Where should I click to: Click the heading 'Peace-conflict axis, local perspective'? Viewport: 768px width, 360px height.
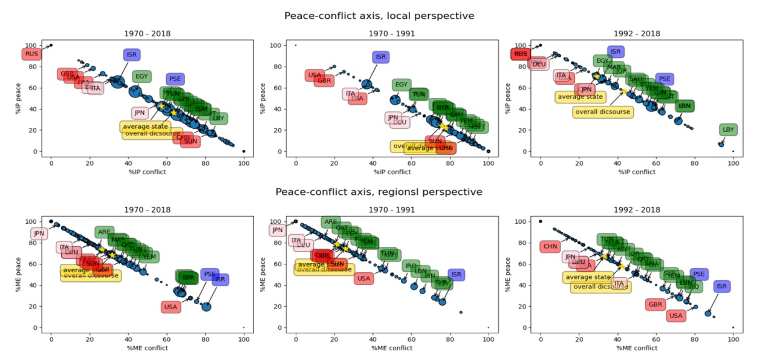[379, 16]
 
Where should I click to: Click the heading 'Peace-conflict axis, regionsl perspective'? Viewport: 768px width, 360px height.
[379, 192]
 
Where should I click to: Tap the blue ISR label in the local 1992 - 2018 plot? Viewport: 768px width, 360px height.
[616, 52]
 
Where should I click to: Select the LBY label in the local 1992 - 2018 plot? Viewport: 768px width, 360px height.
[729, 129]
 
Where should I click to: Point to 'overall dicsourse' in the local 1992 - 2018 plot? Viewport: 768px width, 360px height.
[602, 111]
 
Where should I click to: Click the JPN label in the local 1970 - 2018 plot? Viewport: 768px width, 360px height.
[140, 113]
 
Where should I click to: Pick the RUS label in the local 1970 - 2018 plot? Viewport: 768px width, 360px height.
[32, 54]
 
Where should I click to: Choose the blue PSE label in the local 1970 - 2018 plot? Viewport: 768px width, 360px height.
[175, 79]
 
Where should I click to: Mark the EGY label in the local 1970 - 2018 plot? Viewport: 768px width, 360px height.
[142, 76]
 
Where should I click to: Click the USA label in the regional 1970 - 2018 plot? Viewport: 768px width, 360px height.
[171, 307]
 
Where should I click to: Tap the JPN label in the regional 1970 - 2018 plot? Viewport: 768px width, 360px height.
[39, 234]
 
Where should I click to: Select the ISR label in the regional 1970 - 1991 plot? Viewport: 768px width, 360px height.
[457, 275]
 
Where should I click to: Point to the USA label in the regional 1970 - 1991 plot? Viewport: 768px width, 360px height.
[363, 278]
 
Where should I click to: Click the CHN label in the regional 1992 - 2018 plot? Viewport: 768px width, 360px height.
[550, 246]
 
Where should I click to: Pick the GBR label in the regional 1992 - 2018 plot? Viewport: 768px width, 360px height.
[655, 304]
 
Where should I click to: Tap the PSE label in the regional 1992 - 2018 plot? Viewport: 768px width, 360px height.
[698, 274]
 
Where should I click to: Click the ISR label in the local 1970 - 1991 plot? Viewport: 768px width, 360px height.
[380, 57]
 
